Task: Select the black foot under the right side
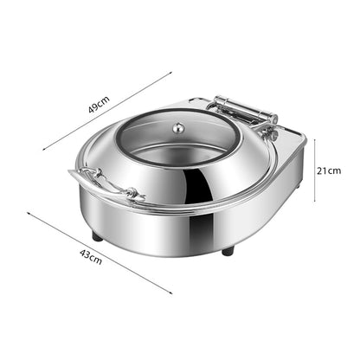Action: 227,251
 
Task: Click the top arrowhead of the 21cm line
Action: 313,138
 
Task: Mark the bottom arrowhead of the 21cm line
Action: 313,202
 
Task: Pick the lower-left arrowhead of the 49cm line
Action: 43,147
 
